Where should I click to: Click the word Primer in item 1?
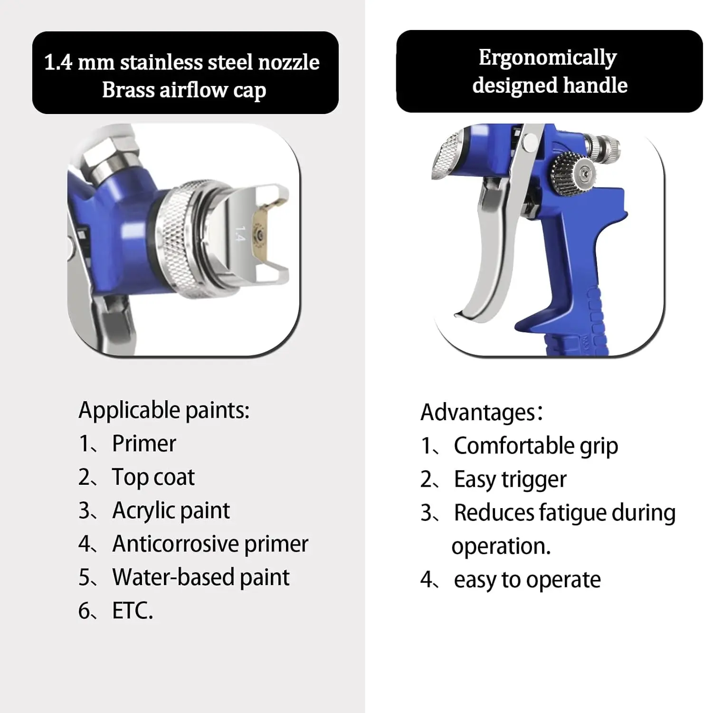(144, 443)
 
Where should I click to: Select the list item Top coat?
(153, 477)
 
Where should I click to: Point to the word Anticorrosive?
(176, 544)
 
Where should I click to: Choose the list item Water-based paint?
(201, 577)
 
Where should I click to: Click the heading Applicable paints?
(164, 410)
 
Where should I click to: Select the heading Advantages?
(478, 413)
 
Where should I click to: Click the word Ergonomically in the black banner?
(548, 58)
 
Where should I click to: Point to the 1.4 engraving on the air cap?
(240, 234)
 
